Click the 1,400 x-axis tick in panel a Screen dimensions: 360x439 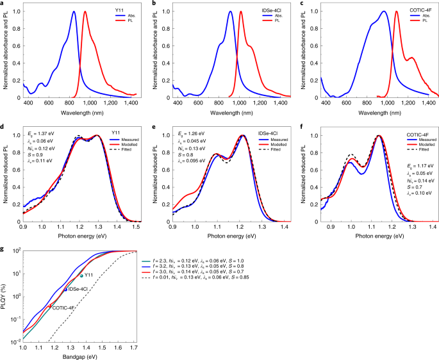[131, 102]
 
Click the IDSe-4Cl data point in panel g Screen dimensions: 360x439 [65, 290]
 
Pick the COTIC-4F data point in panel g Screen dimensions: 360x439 [50, 306]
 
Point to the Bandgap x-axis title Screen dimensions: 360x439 [80, 356]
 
